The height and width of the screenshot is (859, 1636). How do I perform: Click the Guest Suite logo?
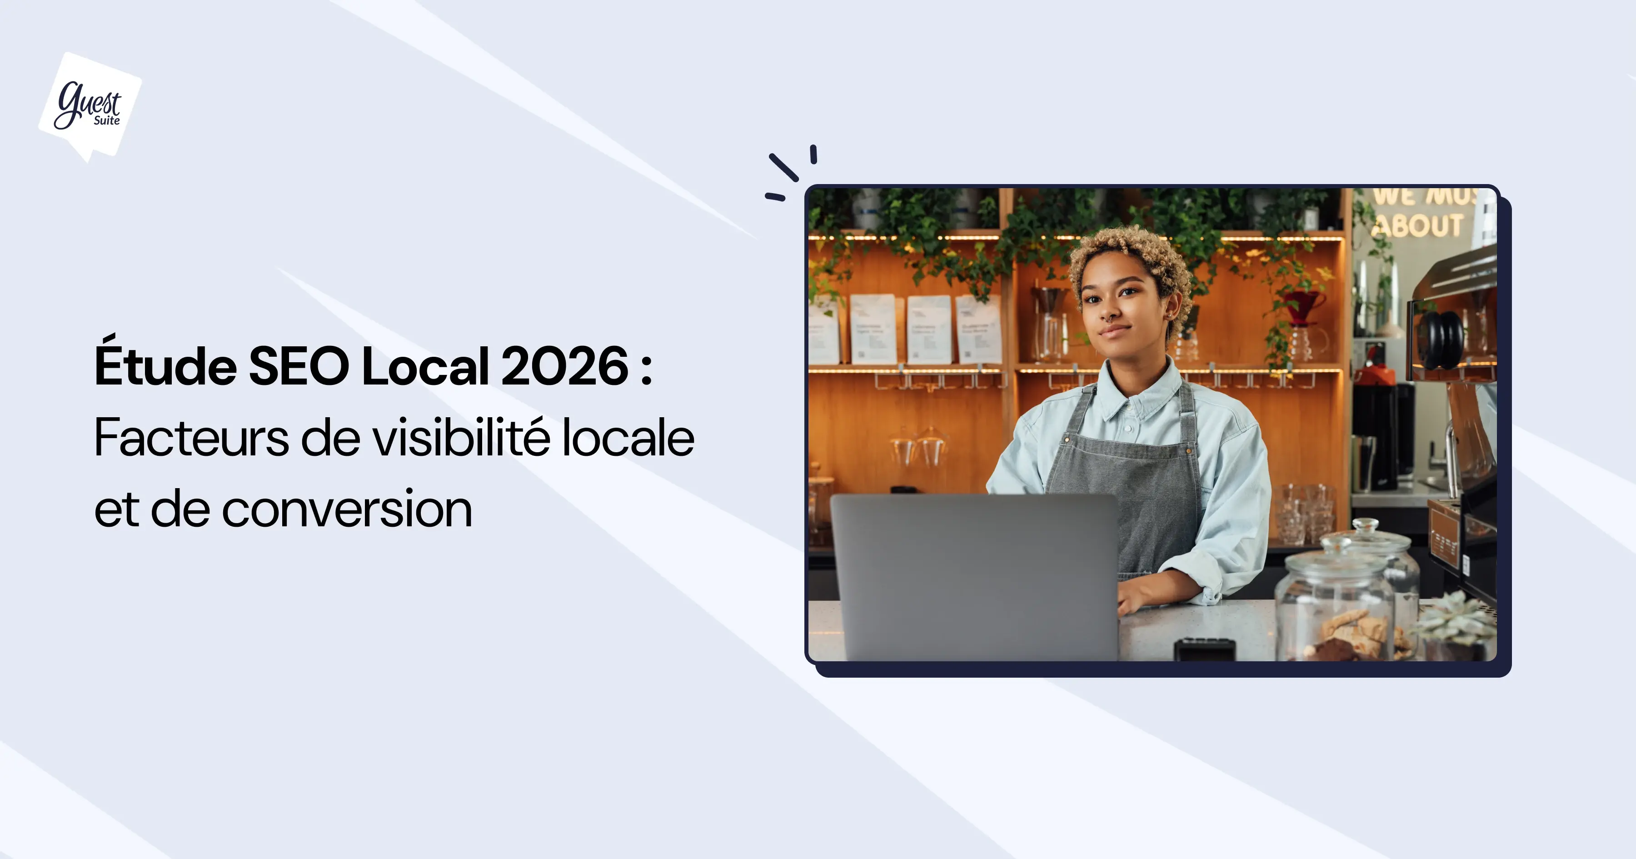point(90,105)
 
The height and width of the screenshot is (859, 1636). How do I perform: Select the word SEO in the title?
point(299,366)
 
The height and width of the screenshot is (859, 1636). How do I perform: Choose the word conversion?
point(347,509)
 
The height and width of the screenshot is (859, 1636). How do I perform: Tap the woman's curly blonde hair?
point(1131,254)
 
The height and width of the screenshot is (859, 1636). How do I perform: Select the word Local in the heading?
point(425,366)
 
